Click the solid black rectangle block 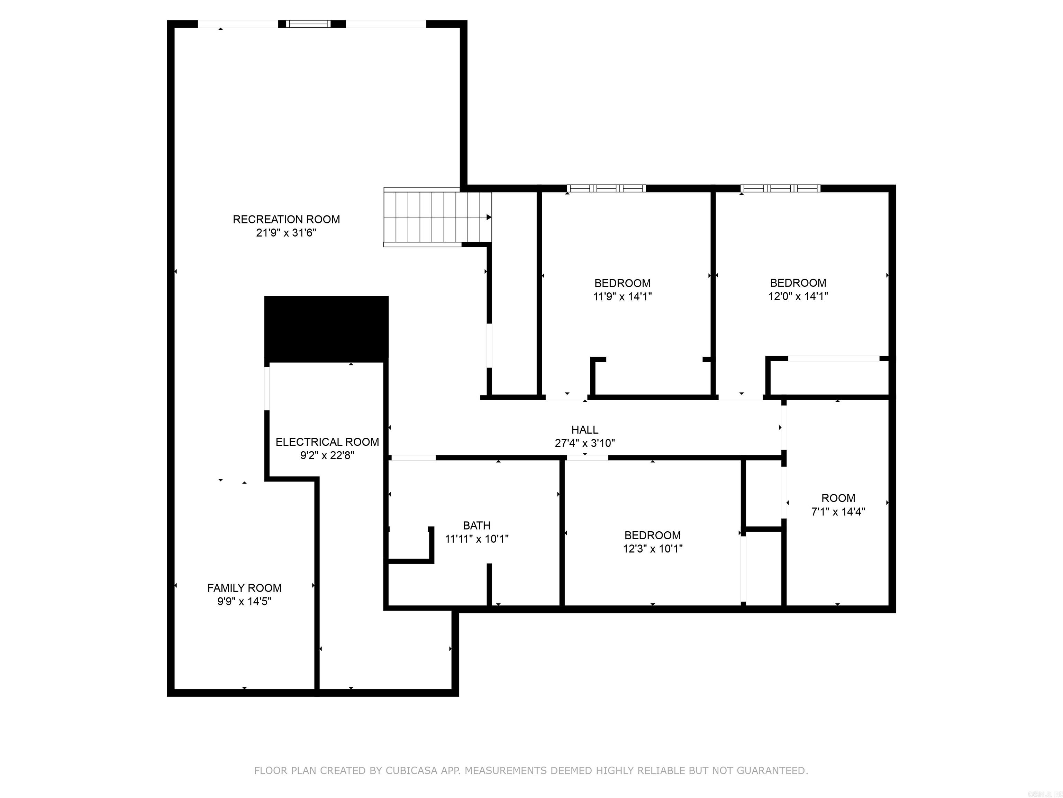(326, 329)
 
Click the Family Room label (244, 588)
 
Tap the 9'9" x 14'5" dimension (244, 601)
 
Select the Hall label (584, 429)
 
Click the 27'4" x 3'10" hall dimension (584, 443)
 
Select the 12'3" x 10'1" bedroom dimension (652, 548)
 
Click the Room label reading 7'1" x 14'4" (838, 498)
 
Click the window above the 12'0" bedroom (780, 188)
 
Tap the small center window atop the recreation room (309, 24)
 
